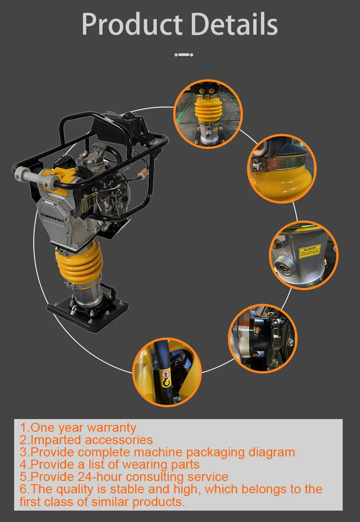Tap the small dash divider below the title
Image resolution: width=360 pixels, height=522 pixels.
[184, 55]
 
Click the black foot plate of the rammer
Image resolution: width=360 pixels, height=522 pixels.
[87, 315]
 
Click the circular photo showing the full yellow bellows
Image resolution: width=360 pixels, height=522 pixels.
[208, 113]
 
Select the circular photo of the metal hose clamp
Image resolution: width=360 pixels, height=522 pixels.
[282, 168]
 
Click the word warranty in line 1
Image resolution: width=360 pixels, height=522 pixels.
[111, 428]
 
